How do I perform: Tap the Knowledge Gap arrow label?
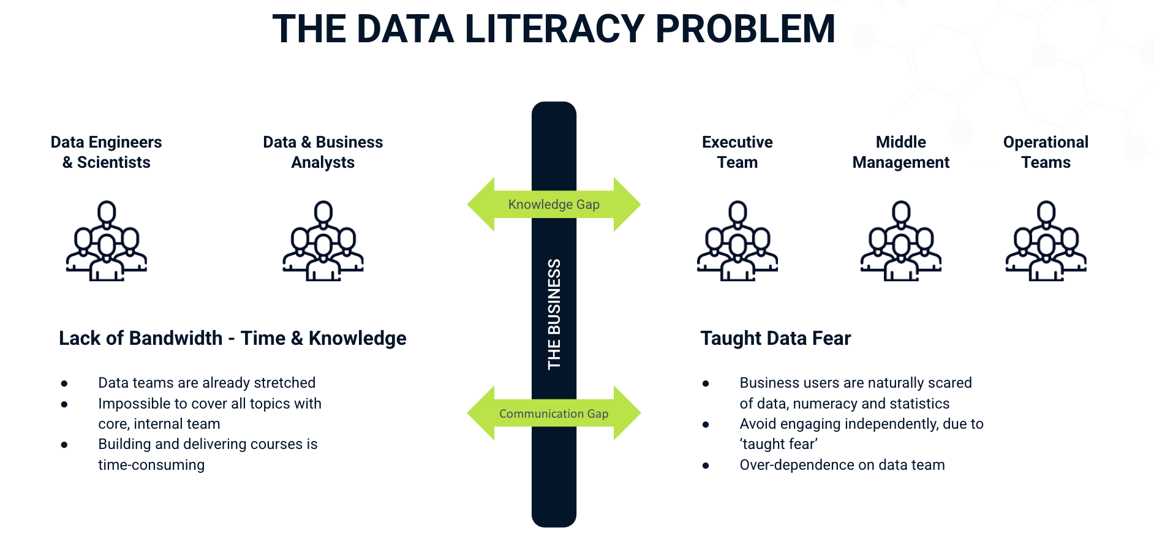[x=554, y=205]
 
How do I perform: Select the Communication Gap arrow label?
[x=554, y=413]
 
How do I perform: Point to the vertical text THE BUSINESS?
[x=554, y=314]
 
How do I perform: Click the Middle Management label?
[x=900, y=152]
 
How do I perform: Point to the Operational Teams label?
[x=1046, y=152]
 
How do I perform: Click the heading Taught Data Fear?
[x=775, y=338]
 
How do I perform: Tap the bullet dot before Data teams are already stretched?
[x=64, y=384]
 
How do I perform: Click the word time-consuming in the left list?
[x=151, y=465]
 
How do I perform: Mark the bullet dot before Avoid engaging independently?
[x=706, y=424]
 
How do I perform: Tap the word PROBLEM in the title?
[x=745, y=29]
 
